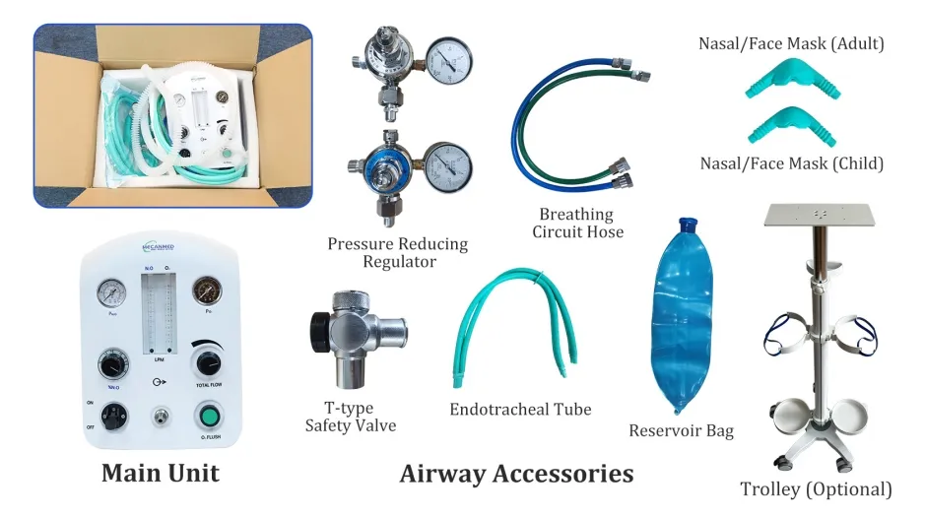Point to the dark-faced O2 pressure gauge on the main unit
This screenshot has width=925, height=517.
207,291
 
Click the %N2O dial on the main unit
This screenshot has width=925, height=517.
111,366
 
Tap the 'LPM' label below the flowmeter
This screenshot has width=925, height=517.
159,360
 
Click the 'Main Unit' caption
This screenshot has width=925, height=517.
160,473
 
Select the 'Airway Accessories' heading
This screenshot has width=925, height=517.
516,474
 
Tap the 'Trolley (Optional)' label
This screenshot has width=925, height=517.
816,489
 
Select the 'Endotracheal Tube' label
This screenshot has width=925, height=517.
520,409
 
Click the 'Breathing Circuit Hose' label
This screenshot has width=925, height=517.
577,223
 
